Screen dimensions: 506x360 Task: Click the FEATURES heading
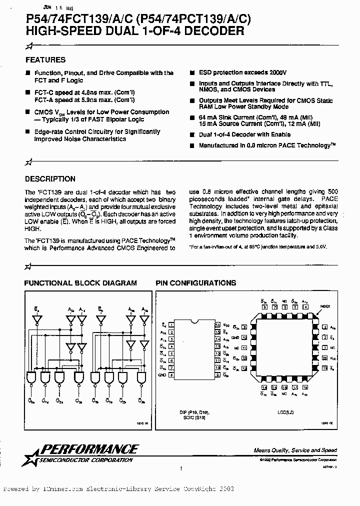(x=45, y=59)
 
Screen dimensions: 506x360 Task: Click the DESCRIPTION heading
(x=50, y=178)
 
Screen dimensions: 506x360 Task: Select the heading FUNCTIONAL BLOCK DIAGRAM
(x=80, y=283)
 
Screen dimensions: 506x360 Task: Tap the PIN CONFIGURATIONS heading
(x=196, y=283)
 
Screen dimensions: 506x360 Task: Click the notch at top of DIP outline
(x=194, y=320)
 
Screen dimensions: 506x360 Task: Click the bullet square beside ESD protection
(x=192, y=72)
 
